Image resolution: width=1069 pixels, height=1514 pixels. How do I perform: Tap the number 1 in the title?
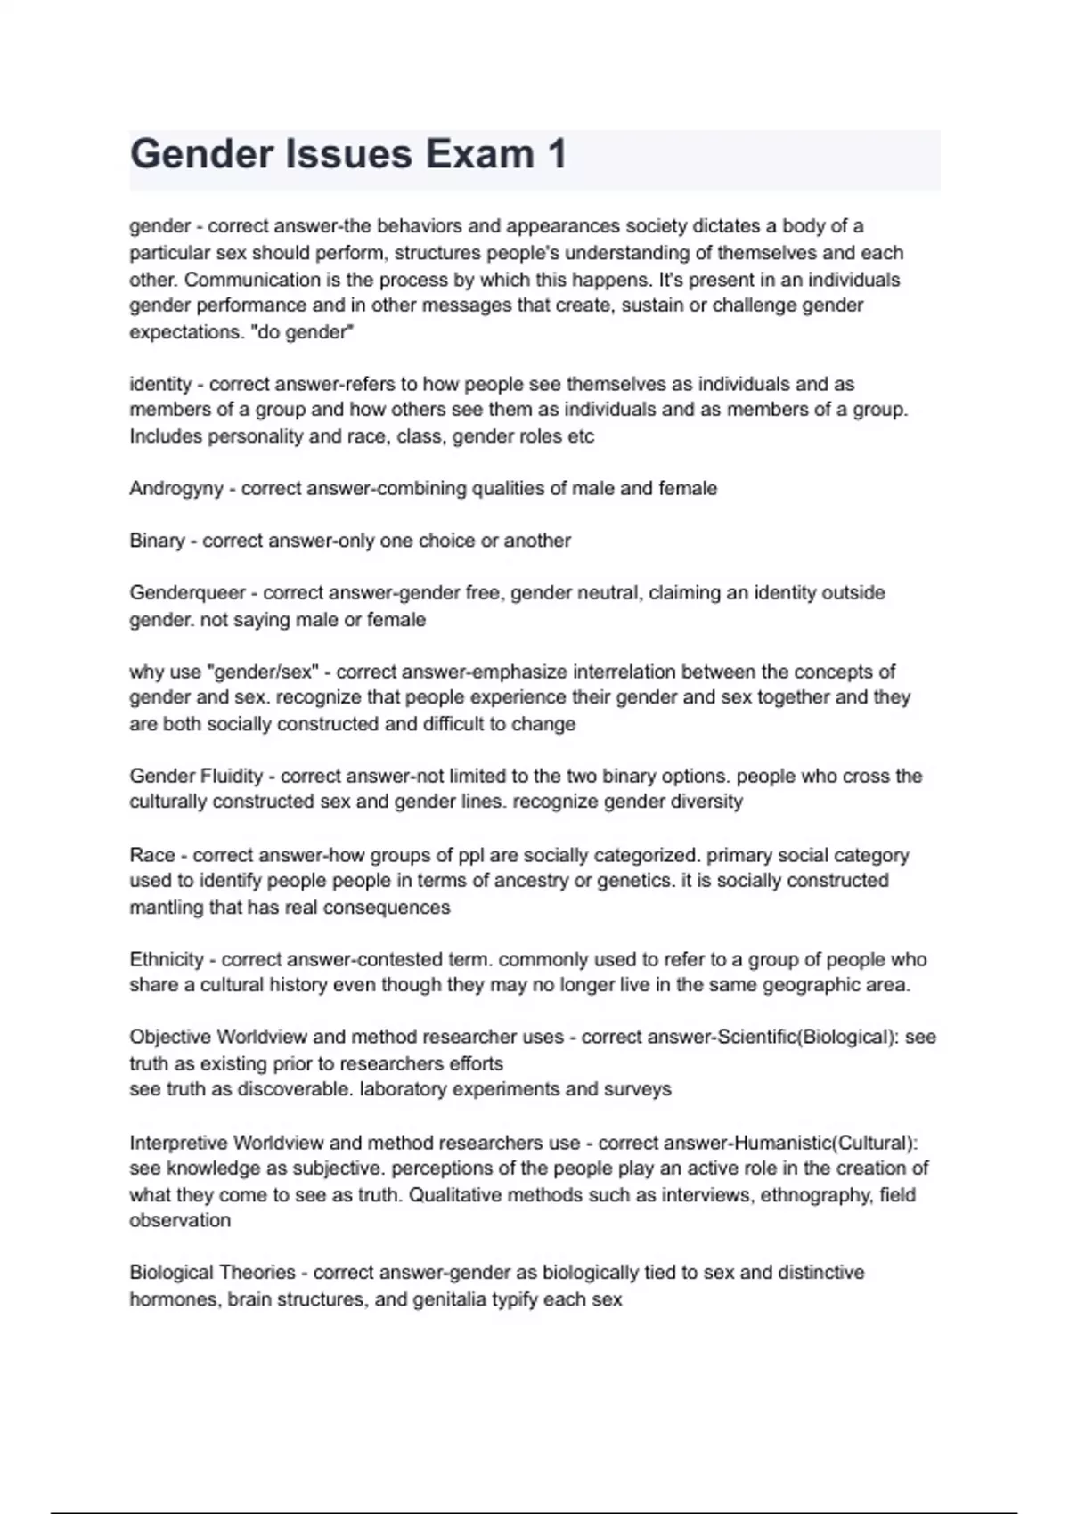click(x=557, y=154)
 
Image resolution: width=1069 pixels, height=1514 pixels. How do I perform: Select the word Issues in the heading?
click(x=349, y=154)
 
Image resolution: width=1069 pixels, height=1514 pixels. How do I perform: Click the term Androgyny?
click(x=175, y=489)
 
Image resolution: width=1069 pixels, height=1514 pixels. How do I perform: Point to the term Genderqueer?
click(x=187, y=593)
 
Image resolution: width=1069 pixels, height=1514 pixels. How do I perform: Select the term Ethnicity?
click(x=167, y=960)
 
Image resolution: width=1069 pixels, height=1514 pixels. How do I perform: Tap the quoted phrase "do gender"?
click(x=306, y=332)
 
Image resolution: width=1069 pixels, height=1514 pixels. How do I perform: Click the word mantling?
click(x=166, y=908)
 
